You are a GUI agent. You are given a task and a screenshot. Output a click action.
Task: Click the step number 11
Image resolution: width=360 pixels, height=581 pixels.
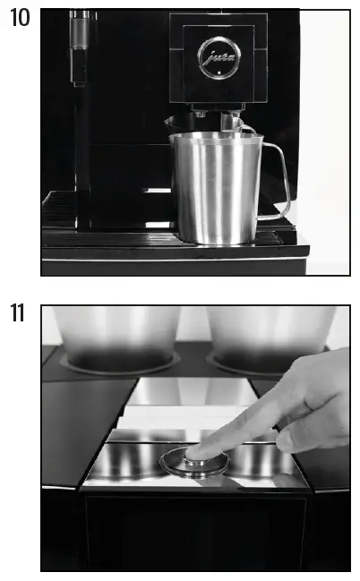pyautogui.click(x=17, y=314)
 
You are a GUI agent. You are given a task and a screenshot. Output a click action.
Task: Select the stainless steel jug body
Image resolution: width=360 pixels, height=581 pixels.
pyautogui.click(x=215, y=188)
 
